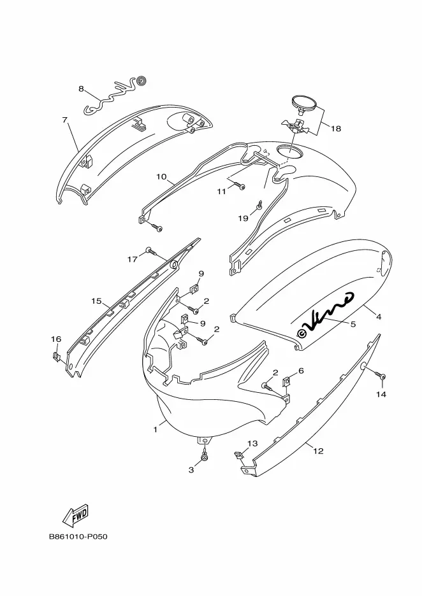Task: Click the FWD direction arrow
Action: click(76, 514)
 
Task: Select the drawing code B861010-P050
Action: click(78, 536)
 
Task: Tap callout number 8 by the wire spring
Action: click(81, 89)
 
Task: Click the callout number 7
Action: click(64, 119)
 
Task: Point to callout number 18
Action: click(335, 128)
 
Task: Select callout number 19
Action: click(243, 218)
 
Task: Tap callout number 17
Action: click(133, 259)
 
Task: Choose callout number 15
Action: click(96, 301)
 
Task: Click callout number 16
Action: click(56, 339)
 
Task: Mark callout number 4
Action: click(378, 316)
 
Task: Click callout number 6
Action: click(301, 371)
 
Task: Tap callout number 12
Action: click(318, 451)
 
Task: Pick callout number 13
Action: click(252, 443)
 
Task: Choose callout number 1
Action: click(155, 430)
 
